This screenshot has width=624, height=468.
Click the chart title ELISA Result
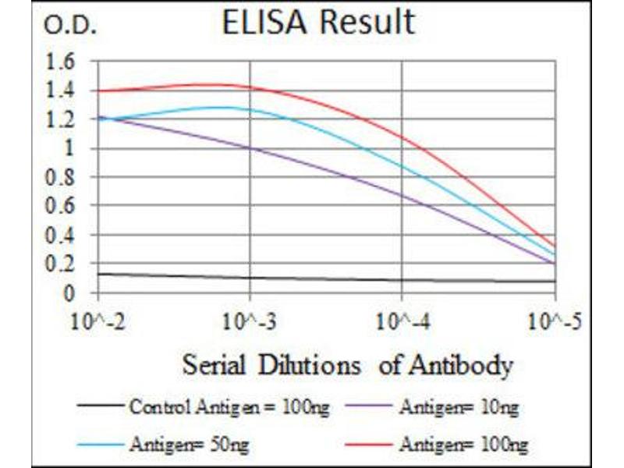click(x=318, y=23)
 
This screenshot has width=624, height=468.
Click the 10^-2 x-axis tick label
click(x=97, y=321)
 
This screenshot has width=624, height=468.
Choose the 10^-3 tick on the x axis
click(x=250, y=321)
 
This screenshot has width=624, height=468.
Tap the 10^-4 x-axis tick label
click(x=402, y=321)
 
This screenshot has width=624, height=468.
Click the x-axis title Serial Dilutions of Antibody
click(x=347, y=364)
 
